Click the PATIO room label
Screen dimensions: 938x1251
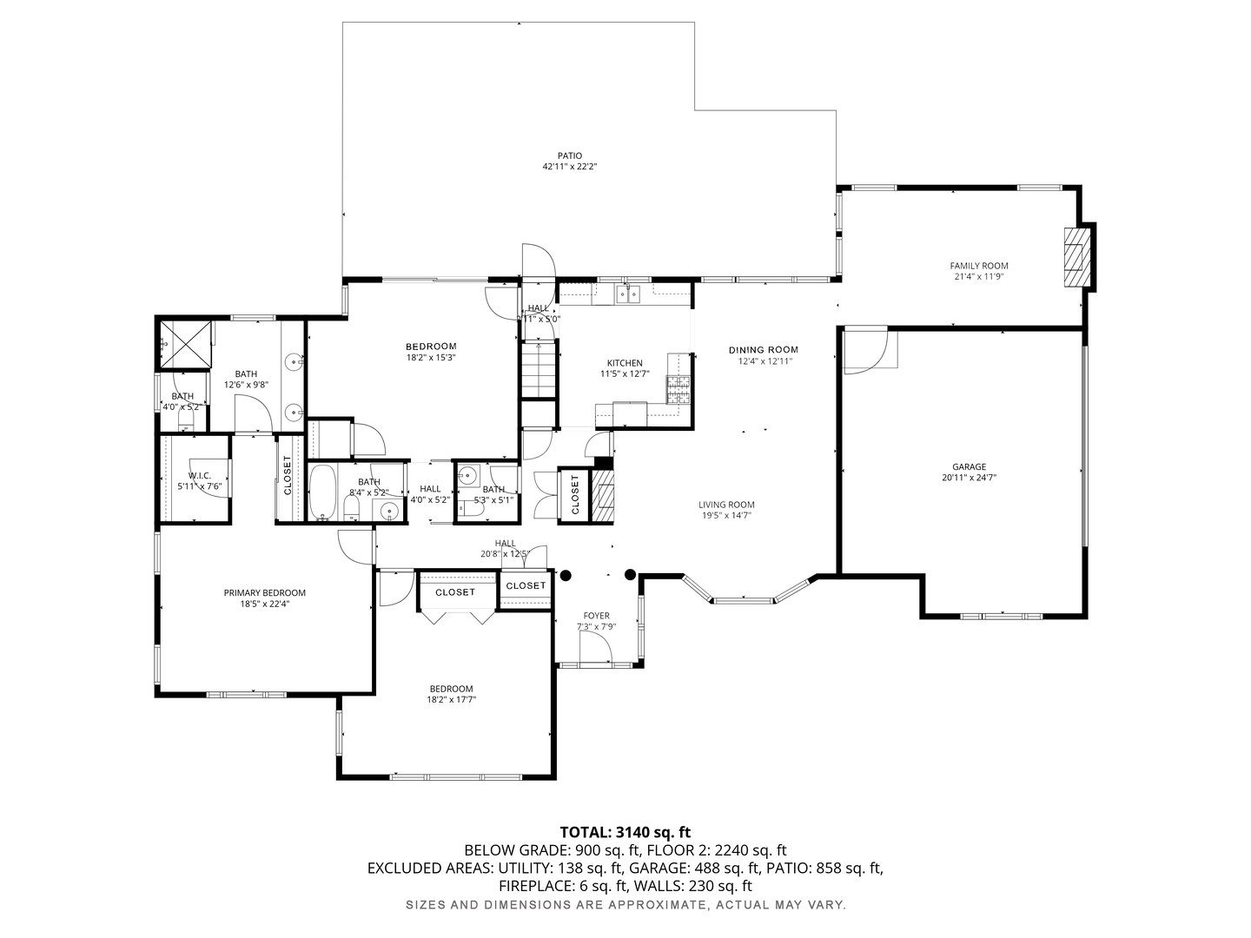tap(570, 156)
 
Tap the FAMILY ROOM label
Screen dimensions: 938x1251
tap(978, 266)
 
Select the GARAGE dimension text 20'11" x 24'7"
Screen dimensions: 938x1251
tap(969, 477)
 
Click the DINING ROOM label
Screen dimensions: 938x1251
tap(763, 350)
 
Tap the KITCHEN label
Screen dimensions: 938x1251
tap(625, 363)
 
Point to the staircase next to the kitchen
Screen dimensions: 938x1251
tap(539, 369)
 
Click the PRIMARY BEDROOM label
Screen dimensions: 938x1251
tap(265, 593)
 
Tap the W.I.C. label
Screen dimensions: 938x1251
tap(200, 475)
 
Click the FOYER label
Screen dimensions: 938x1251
tap(596, 616)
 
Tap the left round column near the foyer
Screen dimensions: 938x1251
tap(566, 574)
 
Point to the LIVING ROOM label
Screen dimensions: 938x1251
tap(726, 505)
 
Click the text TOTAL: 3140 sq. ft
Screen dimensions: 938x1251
tap(625, 832)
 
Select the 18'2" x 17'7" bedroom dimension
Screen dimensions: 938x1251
tap(451, 699)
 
